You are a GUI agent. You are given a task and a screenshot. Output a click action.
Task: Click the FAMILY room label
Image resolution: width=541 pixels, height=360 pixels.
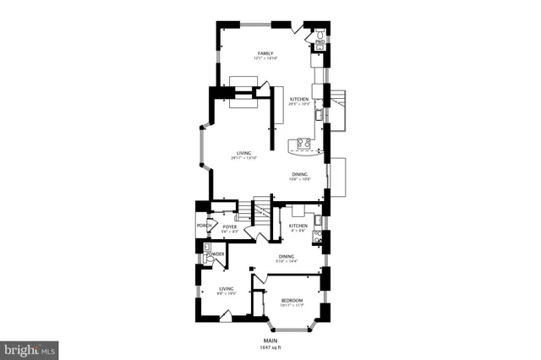click(266, 55)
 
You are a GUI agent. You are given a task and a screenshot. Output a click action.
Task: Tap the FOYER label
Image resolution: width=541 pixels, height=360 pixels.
click(229, 226)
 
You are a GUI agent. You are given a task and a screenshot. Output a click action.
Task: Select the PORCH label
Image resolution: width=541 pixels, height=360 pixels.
click(203, 226)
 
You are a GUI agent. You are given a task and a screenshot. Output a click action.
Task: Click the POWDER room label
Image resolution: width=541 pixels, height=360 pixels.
click(216, 253)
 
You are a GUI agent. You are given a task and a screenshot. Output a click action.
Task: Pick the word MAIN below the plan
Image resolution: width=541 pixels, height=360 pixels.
click(269, 341)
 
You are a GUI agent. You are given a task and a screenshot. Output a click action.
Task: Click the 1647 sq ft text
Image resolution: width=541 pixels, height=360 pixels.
click(269, 348)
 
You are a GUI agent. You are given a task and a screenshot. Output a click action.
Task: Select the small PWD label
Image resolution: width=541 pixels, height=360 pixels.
click(320, 41)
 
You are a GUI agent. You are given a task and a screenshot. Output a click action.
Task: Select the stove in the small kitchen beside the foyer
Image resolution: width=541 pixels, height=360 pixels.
click(317, 237)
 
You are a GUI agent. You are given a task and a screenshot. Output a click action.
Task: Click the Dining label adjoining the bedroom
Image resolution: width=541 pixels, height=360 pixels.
click(287, 259)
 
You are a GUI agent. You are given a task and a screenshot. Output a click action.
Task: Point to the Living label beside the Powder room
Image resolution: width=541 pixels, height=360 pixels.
click(226, 290)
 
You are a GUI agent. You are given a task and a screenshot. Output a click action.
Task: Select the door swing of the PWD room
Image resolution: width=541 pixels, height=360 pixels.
click(297, 30)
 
